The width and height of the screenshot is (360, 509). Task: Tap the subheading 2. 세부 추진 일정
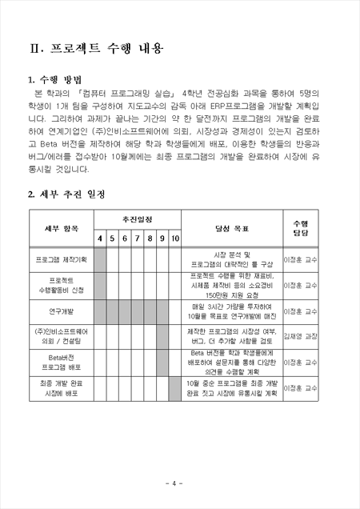pos(66,194)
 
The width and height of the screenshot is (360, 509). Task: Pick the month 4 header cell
pos(101,238)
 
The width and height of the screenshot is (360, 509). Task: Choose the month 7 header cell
pos(138,238)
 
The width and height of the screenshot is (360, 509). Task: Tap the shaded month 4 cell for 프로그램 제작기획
pos(101,259)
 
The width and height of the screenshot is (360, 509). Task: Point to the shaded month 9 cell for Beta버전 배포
pos(162,362)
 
